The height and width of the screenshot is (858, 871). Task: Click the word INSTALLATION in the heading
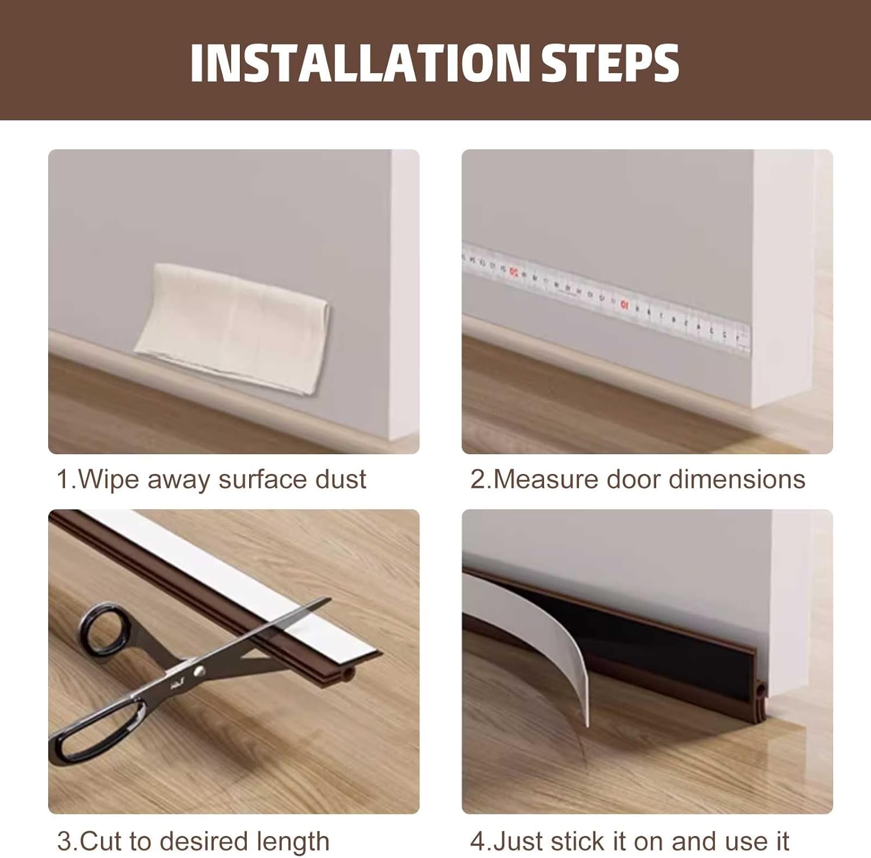(x=360, y=63)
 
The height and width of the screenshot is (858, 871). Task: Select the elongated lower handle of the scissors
(x=99, y=728)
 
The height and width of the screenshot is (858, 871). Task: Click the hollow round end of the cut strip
(x=348, y=674)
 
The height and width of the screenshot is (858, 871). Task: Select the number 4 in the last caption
(x=476, y=841)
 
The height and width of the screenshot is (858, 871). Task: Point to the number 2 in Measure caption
(x=477, y=480)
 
